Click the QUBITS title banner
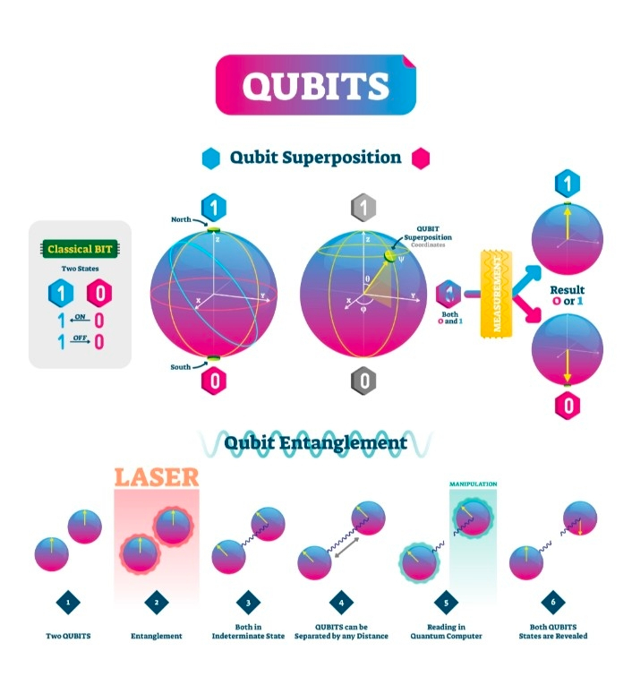click(x=315, y=85)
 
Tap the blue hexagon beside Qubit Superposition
click(x=211, y=158)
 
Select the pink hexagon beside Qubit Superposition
click(x=420, y=158)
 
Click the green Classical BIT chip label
click(x=81, y=250)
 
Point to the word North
click(x=182, y=219)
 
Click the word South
click(x=184, y=367)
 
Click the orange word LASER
click(x=156, y=475)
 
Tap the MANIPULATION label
click(x=473, y=484)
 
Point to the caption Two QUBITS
click(x=68, y=636)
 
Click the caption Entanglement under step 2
click(x=157, y=636)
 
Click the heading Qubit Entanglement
click(x=315, y=442)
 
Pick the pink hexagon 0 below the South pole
click(x=213, y=380)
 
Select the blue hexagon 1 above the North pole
click(x=213, y=208)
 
